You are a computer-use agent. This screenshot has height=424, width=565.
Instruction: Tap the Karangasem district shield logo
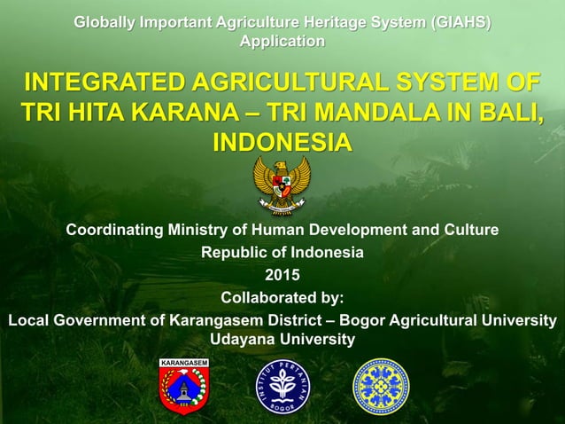(x=183, y=386)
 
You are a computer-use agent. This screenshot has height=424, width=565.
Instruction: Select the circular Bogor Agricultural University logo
(x=282, y=387)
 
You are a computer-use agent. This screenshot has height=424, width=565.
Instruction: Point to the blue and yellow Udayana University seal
(x=381, y=387)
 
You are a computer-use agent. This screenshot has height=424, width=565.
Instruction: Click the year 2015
(x=282, y=274)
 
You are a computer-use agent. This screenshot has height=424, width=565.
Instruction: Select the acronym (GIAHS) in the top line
(x=459, y=23)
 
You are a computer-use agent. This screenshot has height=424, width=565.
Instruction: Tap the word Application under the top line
(x=282, y=42)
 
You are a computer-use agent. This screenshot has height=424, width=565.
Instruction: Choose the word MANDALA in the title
(x=406, y=114)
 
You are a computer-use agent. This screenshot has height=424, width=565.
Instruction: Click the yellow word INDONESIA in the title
(x=282, y=143)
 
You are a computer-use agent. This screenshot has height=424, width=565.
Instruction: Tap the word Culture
(x=468, y=231)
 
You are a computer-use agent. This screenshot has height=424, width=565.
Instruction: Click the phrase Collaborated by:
(x=282, y=296)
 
